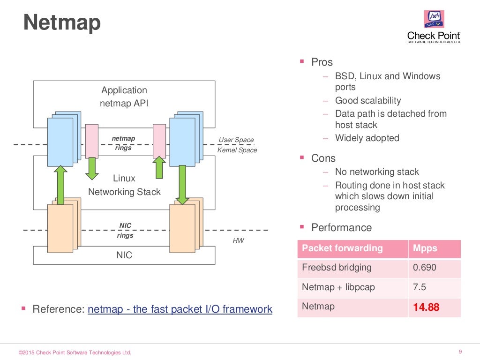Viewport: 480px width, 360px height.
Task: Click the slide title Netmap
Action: coord(62,22)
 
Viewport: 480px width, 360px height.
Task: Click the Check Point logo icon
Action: coord(434,20)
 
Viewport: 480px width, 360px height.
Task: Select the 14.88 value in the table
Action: coord(426,307)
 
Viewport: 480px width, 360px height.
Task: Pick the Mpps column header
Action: coord(425,248)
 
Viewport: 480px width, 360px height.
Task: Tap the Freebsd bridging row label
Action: coord(337,268)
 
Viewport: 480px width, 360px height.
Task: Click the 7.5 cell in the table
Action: coord(420,287)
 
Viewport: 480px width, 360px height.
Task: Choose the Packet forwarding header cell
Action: coord(342,248)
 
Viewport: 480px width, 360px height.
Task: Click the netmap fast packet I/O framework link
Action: coord(180,309)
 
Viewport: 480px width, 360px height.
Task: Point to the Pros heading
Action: coord(322,62)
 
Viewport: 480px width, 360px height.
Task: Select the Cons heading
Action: coord(323,158)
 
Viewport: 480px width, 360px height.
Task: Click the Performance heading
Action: coord(341,228)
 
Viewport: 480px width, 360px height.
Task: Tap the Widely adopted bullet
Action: coord(367,138)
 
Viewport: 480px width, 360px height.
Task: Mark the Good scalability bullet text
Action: coord(368,101)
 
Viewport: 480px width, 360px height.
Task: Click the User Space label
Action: coord(236,140)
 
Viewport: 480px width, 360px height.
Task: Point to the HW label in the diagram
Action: coord(239,240)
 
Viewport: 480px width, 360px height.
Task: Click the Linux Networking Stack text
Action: coord(124,185)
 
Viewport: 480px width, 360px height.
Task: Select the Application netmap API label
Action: coord(124,97)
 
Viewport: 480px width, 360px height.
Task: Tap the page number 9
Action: coord(460,352)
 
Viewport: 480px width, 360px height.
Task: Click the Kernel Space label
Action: coord(237,150)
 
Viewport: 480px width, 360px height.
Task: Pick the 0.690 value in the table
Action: coord(424,268)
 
